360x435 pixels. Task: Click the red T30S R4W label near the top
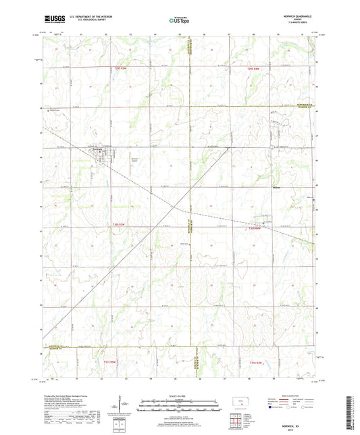pos(253,68)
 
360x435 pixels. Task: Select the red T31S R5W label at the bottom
pos(108,361)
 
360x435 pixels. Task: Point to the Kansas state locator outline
pos(238,405)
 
